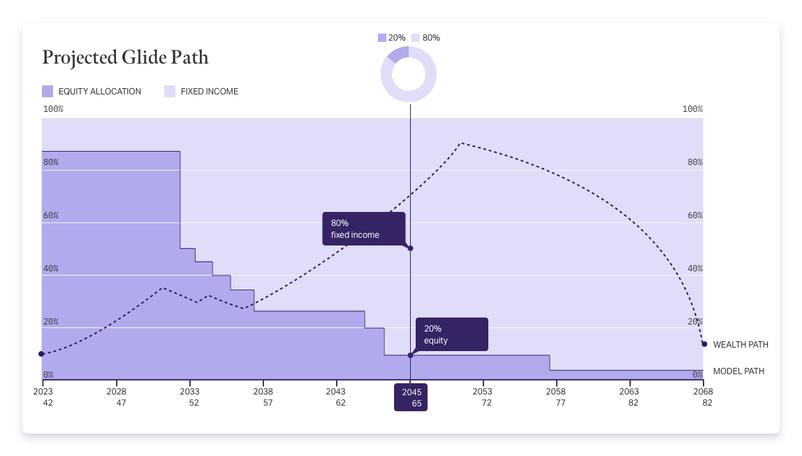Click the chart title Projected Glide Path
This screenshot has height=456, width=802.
pyautogui.click(x=125, y=57)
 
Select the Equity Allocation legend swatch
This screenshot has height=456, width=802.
pyautogui.click(x=48, y=91)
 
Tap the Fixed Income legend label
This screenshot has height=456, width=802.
pyautogui.click(x=209, y=92)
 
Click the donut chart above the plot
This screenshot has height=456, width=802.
pyautogui.click(x=409, y=74)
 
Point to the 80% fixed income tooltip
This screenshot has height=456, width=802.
pyautogui.click(x=363, y=229)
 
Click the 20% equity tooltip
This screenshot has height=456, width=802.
pyautogui.click(x=451, y=334)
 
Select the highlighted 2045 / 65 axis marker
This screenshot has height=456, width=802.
pyautogui.click(x=411, y=397)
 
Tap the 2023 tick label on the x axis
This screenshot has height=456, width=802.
pyautogui.click(x=43, y=392)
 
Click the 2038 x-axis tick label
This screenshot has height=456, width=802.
pyautogui.click(x=263, y=392)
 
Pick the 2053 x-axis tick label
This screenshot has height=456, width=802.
pyautogui.click(x=482, y=392)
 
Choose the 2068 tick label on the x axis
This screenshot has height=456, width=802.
pyautogui.click(x=703, y=392)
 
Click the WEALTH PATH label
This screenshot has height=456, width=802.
pyautogui.click(x=741, y=345)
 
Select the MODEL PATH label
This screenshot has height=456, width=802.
pyautogui.click(x=738, y=371)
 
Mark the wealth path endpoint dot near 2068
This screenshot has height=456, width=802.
pyautogui.click(x=704, y=344)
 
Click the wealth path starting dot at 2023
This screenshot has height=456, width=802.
pyautogui.click(x=41, y=354)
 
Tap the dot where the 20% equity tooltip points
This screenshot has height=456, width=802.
pyautogui.click(x=410, y=355)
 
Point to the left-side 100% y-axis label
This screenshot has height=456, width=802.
pyautogui.click(x=53, y=109)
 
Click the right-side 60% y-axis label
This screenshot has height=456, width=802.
pyautogui.click(x=694, y=215)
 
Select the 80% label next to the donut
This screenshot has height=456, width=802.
pyautogui.click(x=431, y=38)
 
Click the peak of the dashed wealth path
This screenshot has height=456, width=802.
pyautogui.click(x=460, y=143)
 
